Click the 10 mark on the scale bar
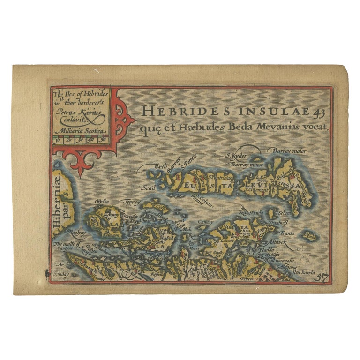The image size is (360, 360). coord(57,140)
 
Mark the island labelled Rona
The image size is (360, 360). coord(310,237)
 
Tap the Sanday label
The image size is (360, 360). coord(61,273)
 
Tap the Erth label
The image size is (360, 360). coord(161,165)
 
